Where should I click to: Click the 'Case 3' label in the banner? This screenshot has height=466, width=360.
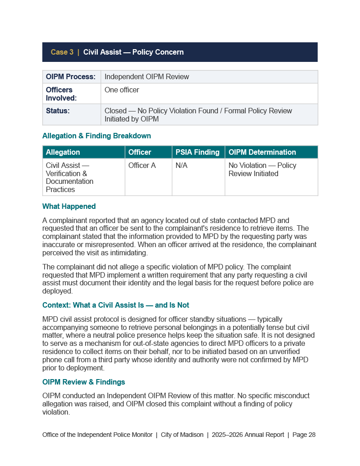click(x=62, y=52)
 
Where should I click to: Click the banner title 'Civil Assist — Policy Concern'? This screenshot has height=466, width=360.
click(x=133, y=52)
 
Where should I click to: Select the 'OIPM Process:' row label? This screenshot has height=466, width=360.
click(x=71, y=77)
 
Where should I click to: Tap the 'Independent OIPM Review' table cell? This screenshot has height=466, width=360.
click(x=147, y=77)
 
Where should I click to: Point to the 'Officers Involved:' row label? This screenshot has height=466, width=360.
click(x=61, y=94)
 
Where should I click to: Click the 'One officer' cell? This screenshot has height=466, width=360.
click(x=122, y=90)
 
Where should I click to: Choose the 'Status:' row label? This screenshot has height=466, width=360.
click(x=58, y=111)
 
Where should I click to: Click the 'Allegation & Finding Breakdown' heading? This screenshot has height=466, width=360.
click(x=96, y=136)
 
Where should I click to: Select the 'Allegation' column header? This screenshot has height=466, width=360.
click(x=63, y=152)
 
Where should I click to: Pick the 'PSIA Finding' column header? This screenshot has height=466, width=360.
click(x=198, y=152)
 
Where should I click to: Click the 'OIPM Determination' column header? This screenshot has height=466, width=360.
click(x=262, y=152)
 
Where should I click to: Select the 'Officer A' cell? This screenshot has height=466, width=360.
click(x=142, y=166)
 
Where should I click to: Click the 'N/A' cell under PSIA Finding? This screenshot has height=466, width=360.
click(x=182, y=166)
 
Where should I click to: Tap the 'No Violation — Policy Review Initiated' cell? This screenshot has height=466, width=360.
click(x=262, y=170)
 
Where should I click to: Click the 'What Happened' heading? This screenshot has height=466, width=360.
click(x=69, y=207)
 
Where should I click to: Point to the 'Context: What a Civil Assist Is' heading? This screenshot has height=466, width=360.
click(x=116, y=305)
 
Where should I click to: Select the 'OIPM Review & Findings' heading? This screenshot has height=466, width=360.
click(x=84, y=382)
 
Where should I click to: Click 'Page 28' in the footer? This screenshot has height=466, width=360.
click(x=304, y=435)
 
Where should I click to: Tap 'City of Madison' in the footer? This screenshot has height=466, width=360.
click(x=182, y=435)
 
